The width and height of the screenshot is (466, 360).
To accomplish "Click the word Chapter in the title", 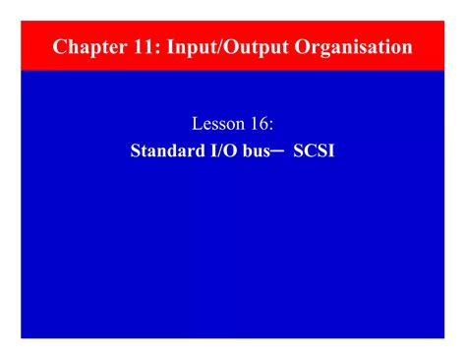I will click(x=85, y=47).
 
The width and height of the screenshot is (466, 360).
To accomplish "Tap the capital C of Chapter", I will click(x=60, y=47).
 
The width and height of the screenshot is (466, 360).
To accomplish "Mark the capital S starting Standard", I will click(x=136, y=152).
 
